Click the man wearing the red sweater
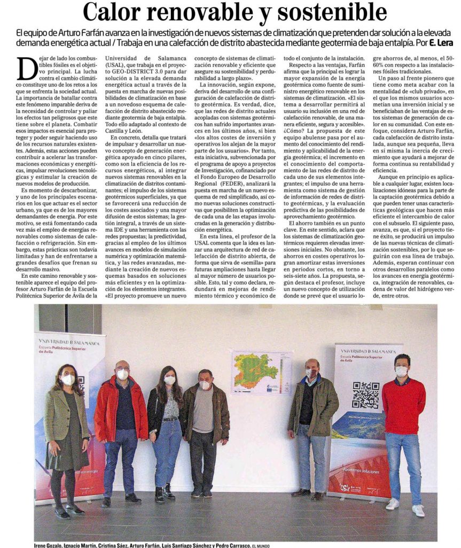coord(403,423)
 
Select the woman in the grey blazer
coord(66,428)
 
